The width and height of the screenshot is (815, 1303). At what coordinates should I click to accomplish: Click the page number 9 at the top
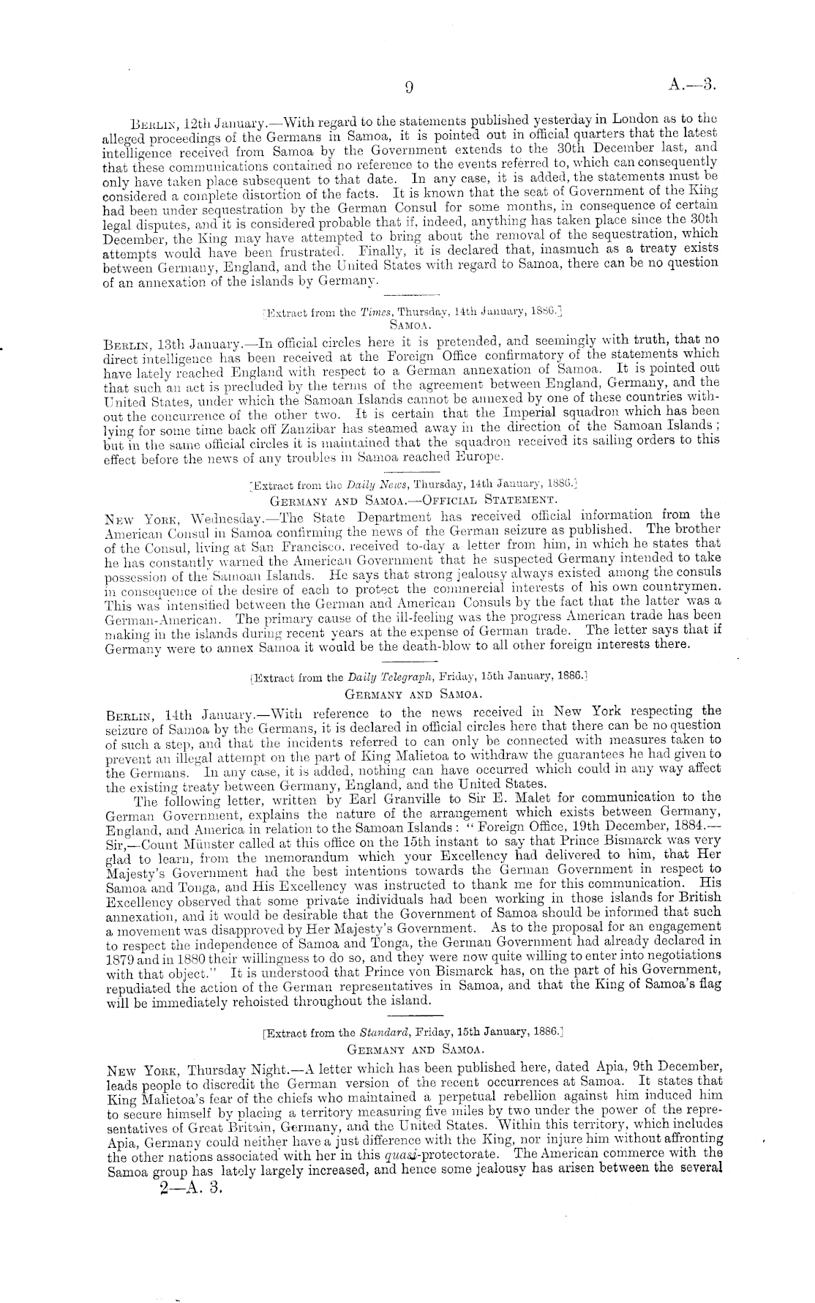pyautogui.click(x=409, y=88)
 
